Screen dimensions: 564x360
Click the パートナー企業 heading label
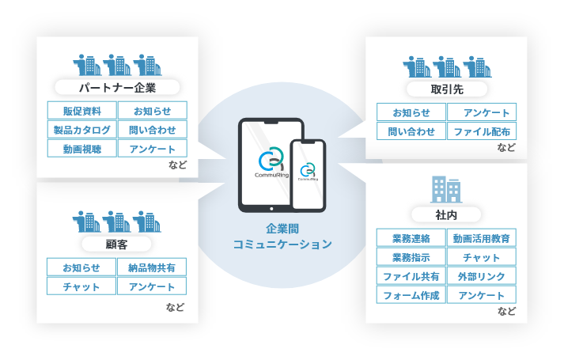118,87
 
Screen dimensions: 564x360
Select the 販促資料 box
82,111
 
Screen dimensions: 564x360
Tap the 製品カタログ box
82,129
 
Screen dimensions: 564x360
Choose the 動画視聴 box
82,148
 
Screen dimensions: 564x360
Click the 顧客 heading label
117,244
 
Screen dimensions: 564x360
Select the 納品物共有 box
152,267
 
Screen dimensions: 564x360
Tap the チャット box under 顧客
81,286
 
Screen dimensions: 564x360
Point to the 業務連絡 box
411,238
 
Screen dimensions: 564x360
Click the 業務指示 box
411,257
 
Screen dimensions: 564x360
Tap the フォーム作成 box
411,295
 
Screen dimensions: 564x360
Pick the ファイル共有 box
411,276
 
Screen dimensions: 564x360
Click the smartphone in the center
308,175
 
